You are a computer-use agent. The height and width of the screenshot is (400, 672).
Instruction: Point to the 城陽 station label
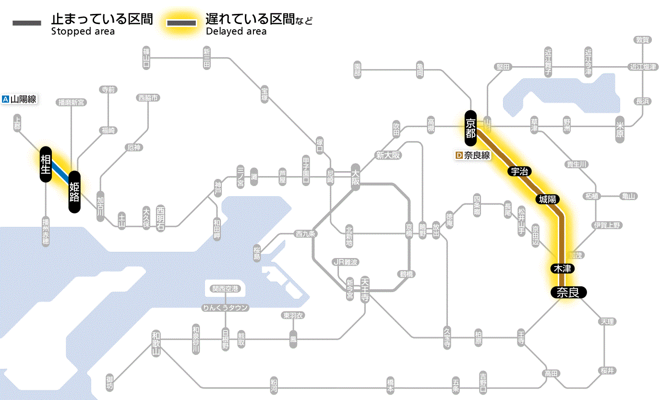[548, 199]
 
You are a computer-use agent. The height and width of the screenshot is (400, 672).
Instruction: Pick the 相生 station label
[46, 165]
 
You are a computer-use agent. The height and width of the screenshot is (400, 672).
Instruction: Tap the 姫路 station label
[74, 192]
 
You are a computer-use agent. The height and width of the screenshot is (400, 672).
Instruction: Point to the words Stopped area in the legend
[83, 32]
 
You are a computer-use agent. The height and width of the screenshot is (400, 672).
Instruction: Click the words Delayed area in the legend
[236, 32]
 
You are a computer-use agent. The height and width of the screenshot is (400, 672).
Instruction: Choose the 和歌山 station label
[156, 342]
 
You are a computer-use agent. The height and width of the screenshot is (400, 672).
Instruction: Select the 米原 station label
[620, 129]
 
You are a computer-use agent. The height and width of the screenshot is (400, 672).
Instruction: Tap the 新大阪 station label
[388, 155]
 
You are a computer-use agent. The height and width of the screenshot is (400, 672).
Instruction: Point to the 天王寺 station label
[365, 290]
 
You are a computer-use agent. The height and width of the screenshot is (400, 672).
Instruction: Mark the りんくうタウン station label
[225, 307]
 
